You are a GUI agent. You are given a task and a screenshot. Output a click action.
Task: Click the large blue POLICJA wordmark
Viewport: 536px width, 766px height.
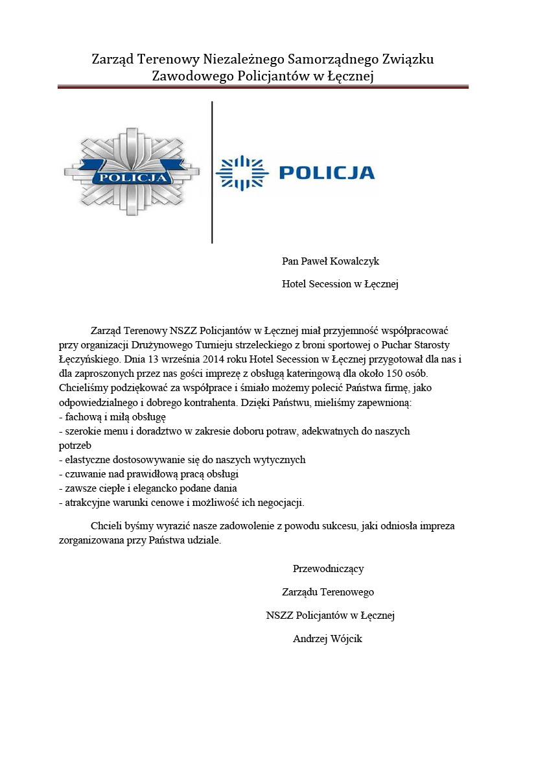327,173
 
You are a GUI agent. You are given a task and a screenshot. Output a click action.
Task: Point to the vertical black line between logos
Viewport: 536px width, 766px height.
212,172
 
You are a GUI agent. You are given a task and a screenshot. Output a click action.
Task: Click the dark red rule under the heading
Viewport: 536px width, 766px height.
262,86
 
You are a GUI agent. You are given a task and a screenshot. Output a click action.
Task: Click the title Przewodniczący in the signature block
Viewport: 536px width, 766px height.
328,569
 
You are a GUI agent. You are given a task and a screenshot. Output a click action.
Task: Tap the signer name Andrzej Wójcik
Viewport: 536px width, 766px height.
327,639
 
